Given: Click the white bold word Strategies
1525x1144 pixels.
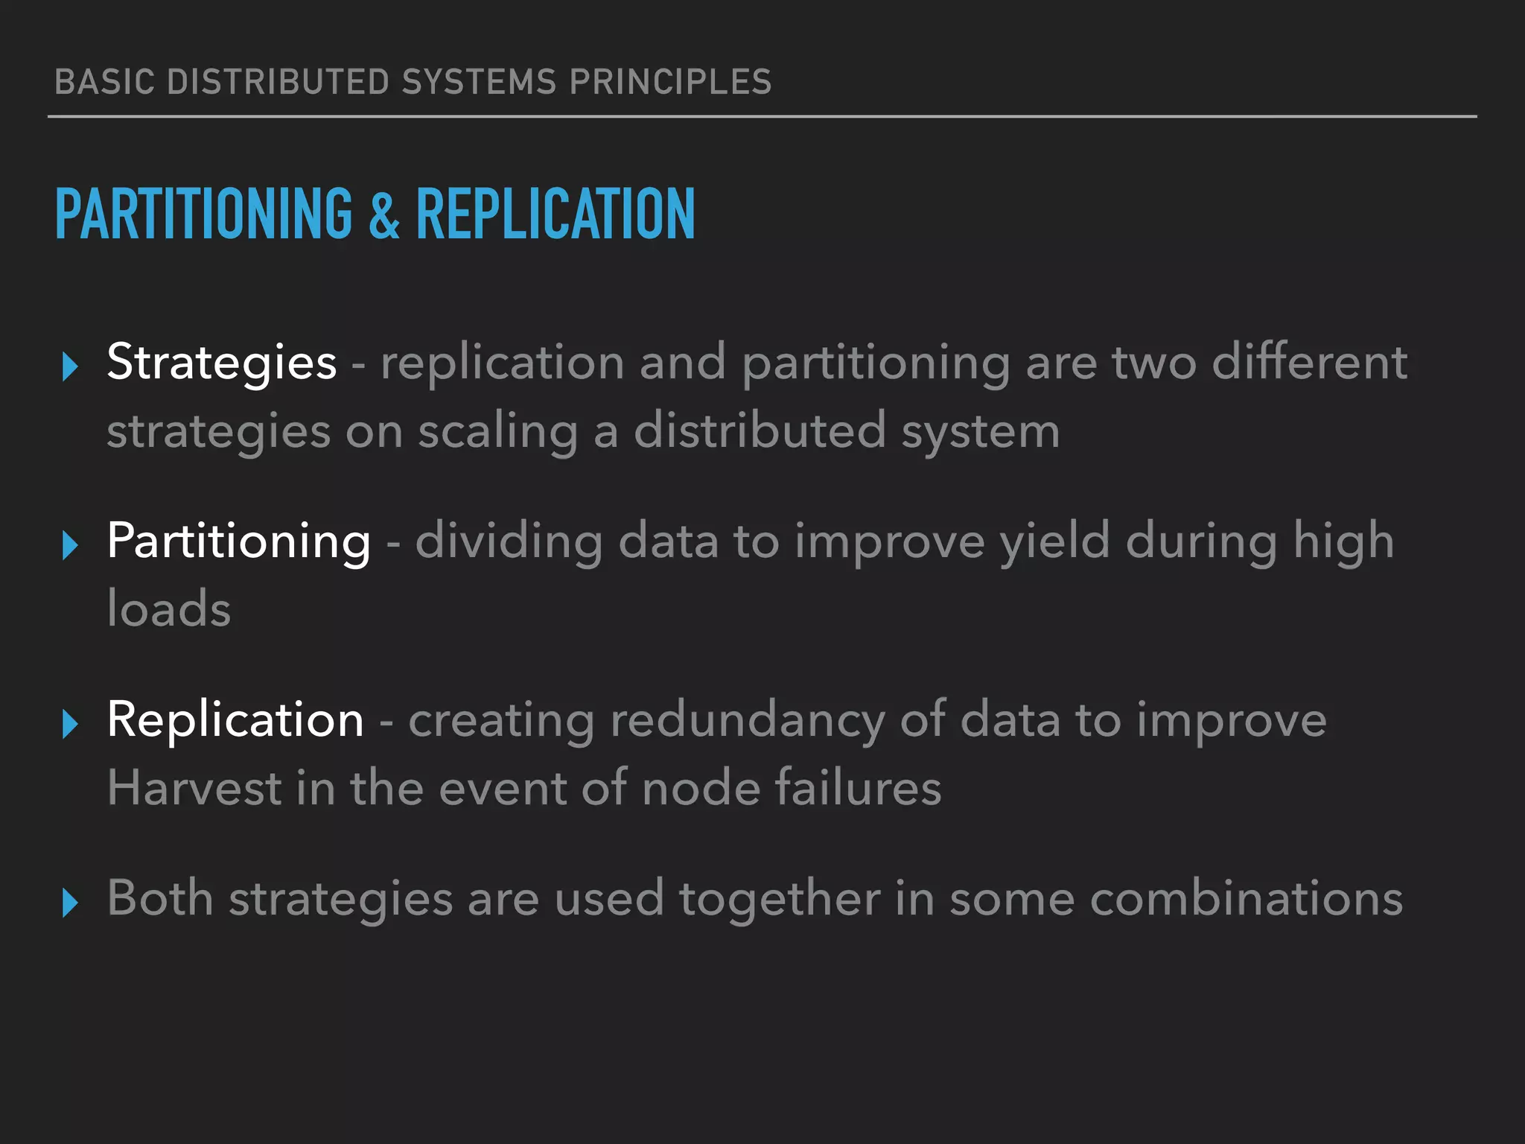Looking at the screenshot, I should (x=222, y=363).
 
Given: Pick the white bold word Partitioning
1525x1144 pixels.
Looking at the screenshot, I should (x=238, y=541).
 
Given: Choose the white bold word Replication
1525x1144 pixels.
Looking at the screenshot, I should (x=235, y=720).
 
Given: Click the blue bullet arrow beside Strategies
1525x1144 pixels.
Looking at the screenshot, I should (x=71, y=366).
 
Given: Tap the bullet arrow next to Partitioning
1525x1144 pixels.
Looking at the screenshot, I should (x=71, y=545).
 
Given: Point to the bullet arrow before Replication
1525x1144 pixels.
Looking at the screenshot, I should (x=71, y=724).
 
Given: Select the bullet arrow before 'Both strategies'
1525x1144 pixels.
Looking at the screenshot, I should (x=71, y=903).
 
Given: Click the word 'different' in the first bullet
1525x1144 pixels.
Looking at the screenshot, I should (x=1309, y=363).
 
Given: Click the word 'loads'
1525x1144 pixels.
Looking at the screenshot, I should (x=169, y=609).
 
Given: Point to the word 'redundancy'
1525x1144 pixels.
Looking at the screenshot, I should (x=748, y=722).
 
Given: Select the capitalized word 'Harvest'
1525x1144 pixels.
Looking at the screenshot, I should (x=194, y=788).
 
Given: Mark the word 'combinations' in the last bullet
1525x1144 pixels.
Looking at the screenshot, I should (x=1247, y=899).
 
